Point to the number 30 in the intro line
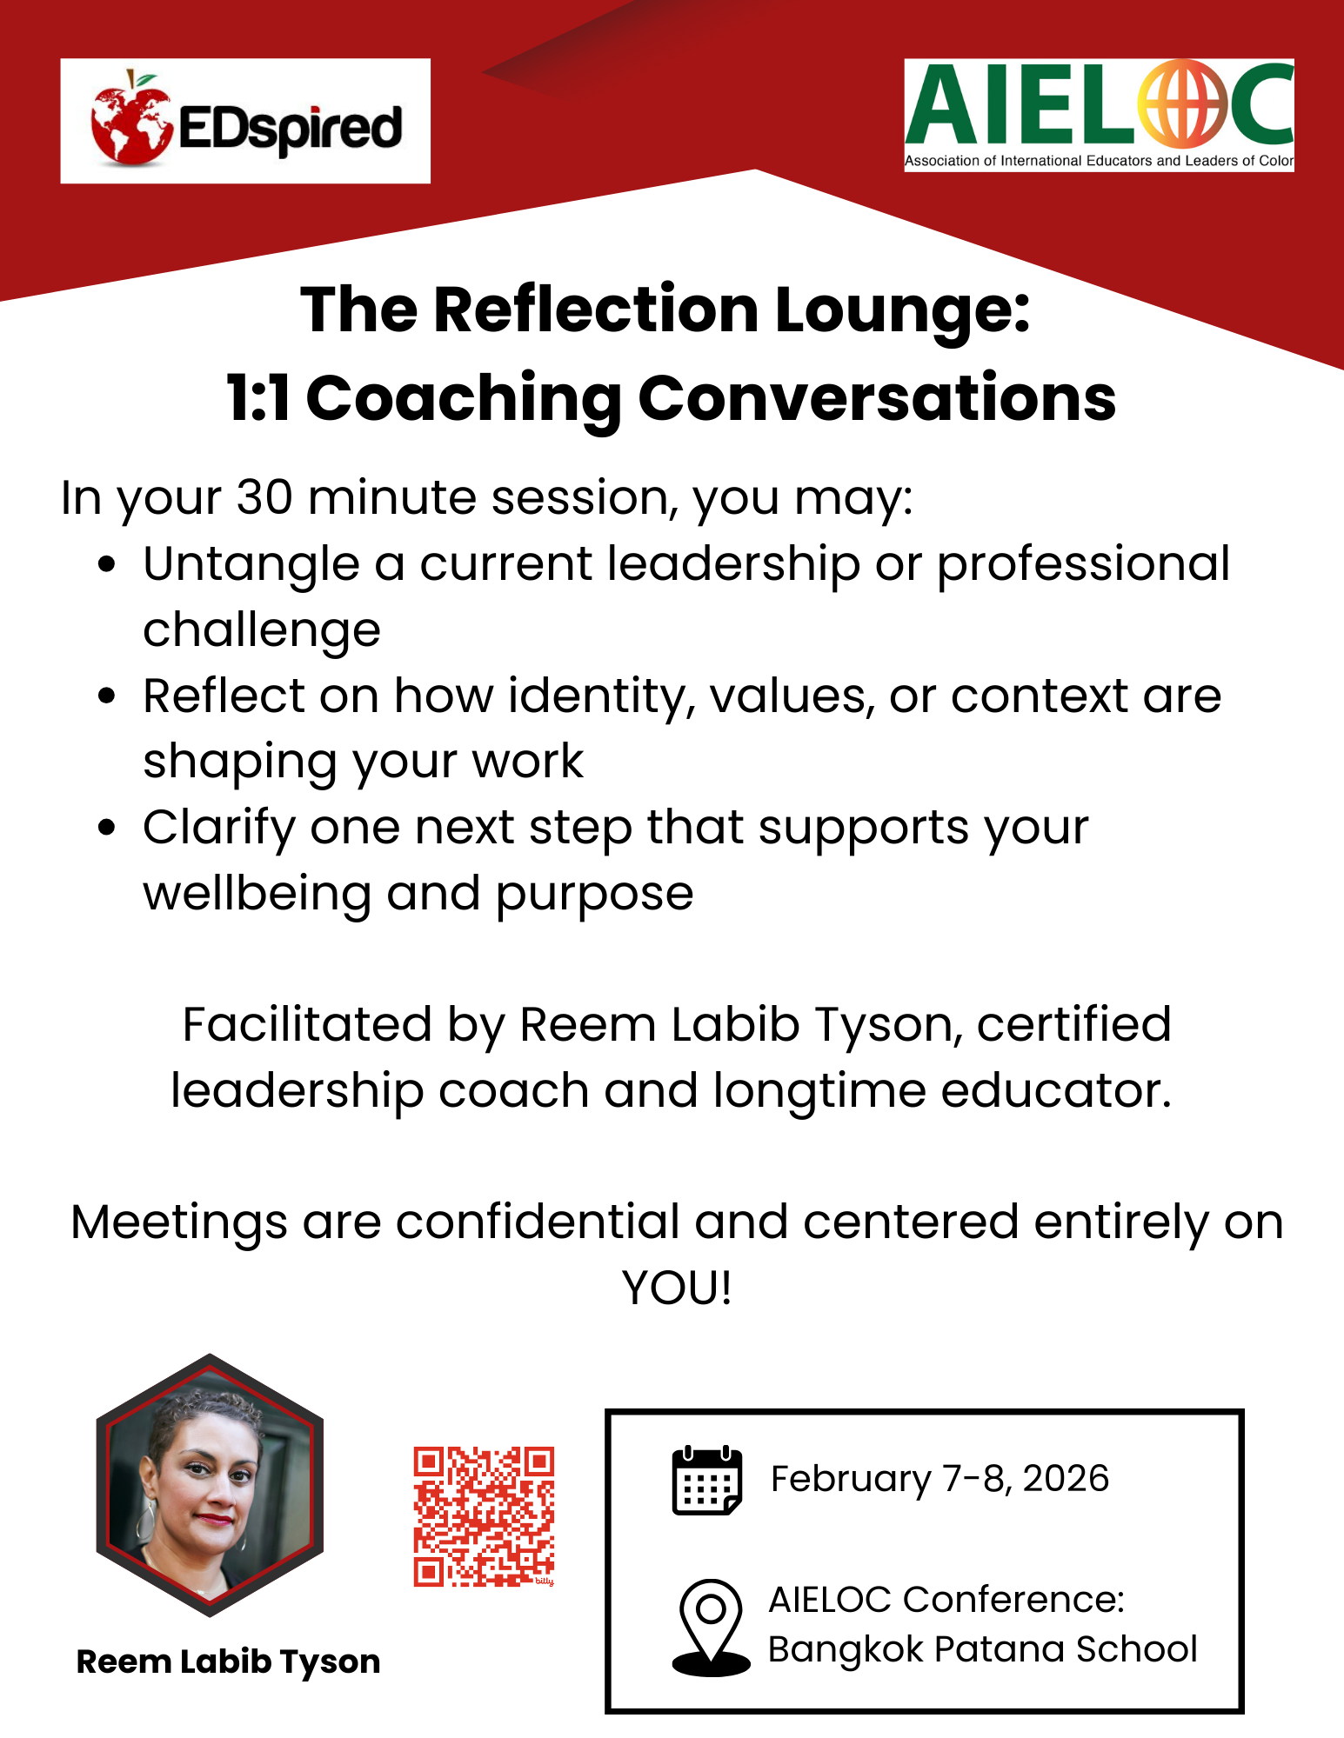pos(264,498)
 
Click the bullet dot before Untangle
pos(107,564)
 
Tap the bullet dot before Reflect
pos(107,696)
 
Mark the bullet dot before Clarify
pos(107,828)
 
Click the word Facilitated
pos(307,1024)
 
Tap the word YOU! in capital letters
pos(677,1288)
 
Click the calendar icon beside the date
pos(707,1481)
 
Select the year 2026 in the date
pos(1066,1479)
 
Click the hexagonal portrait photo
pos(210,1485)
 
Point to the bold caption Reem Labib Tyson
pos(229,1661)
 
